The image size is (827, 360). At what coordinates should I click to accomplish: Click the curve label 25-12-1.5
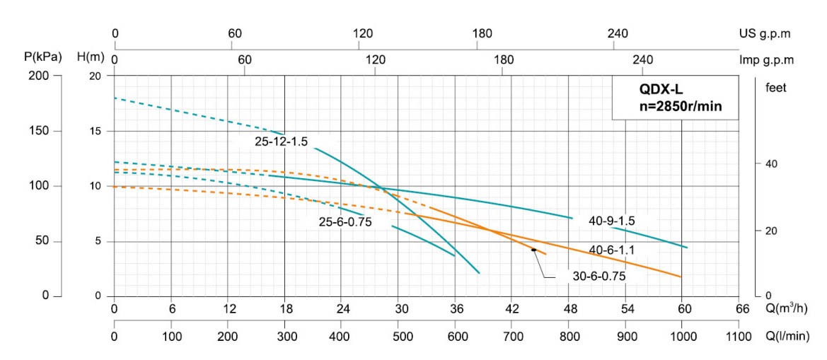point(282,141)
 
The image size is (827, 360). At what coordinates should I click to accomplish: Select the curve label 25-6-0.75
point(345,221)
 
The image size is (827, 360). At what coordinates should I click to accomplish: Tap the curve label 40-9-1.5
point(612,221)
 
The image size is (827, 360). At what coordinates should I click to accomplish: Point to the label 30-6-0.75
point(599,277)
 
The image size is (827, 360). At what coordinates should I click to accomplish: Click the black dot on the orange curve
point(533,250)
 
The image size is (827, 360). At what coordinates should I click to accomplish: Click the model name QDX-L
point(659,90)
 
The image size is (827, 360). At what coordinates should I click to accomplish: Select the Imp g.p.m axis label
point(766,60)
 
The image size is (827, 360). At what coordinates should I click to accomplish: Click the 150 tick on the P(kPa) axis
point(40,131)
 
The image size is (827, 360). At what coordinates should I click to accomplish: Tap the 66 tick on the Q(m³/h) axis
point(742,308)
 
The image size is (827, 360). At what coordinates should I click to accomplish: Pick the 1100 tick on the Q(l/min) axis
point(739,337)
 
